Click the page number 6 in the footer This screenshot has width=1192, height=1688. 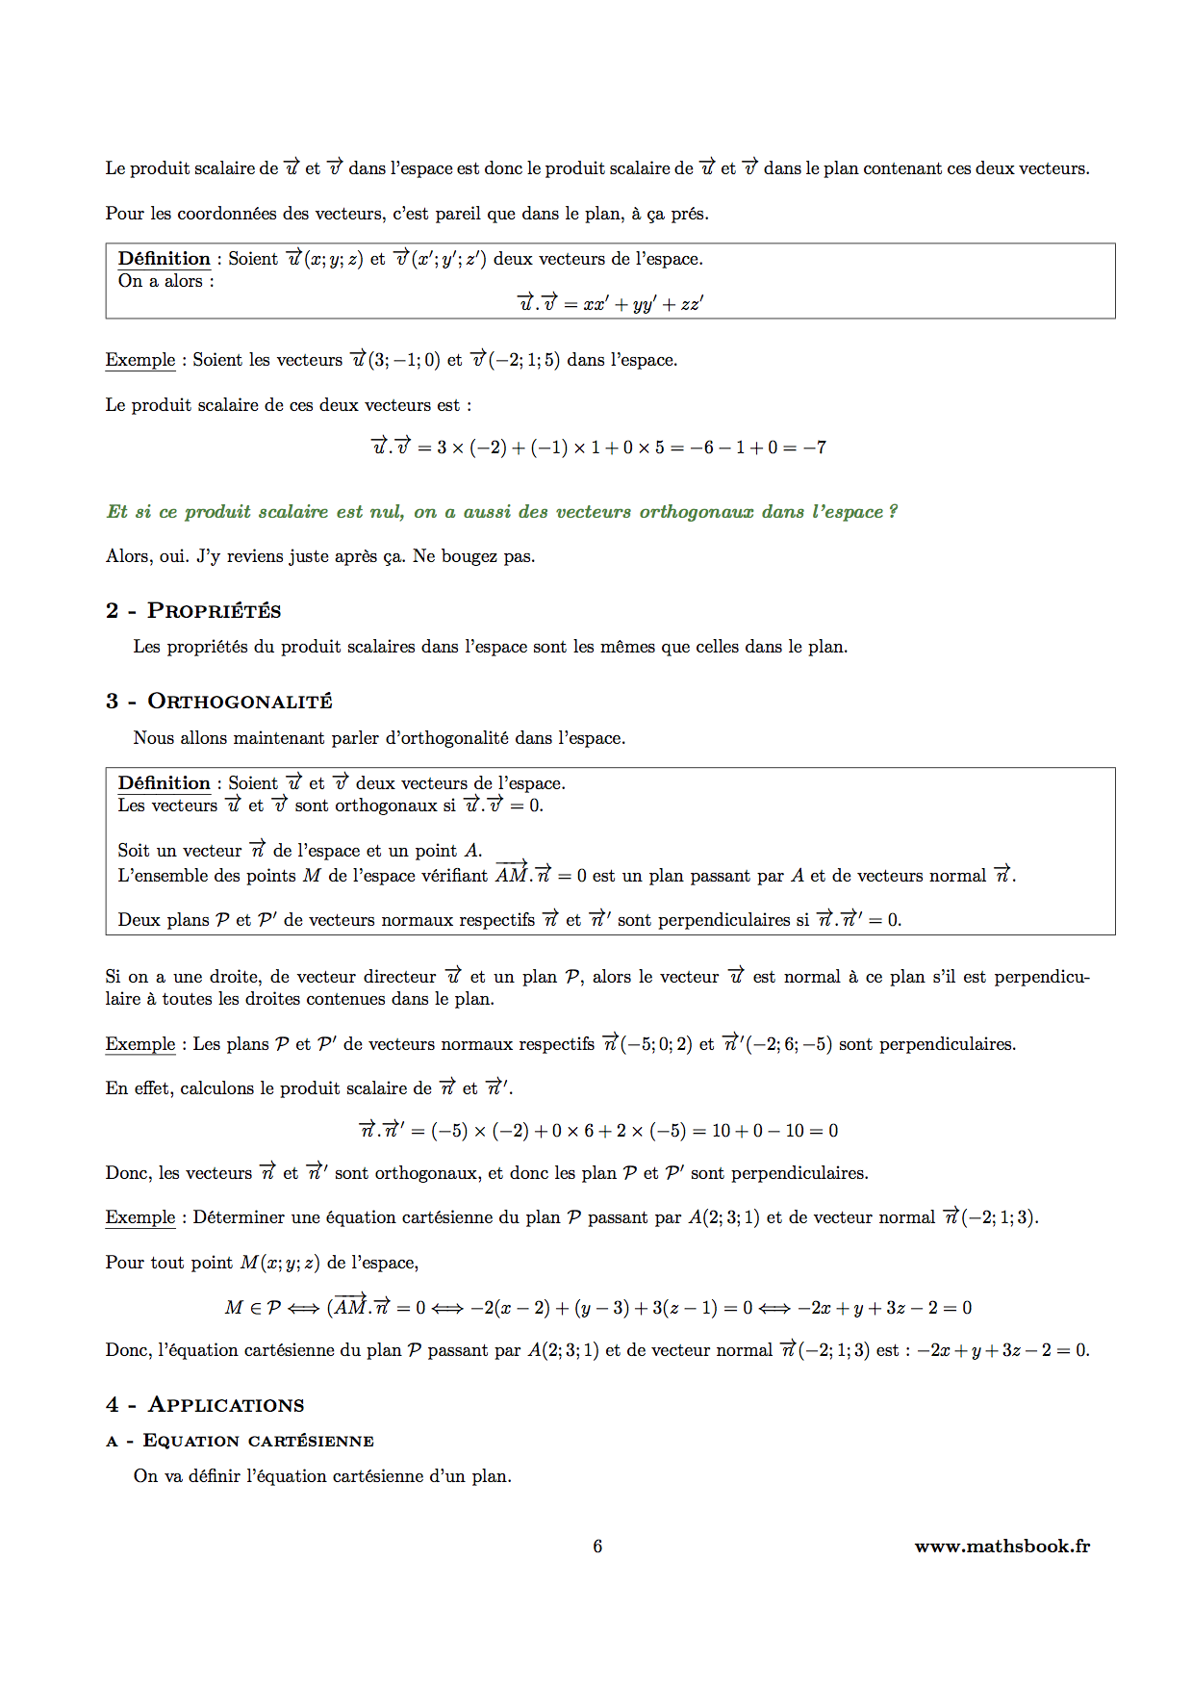pos(597,1547)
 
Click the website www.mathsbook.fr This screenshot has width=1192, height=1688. pos(1002,1547)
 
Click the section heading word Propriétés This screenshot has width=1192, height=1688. pos(214,611)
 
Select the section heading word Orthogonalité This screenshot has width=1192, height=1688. pos(240,702)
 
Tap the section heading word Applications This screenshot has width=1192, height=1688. pos(226,1405)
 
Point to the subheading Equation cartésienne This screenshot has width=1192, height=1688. pos(258,1441)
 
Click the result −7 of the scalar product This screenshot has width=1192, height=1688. pos(815,448)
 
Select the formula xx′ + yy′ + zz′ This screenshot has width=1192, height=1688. pos(643,304)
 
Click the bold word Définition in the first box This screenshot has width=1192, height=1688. pos(164,259)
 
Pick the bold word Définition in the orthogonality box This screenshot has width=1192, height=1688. pos(164,783)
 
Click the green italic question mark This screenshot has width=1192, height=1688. pos(893,512)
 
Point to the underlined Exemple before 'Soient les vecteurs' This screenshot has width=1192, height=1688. pos(140,360)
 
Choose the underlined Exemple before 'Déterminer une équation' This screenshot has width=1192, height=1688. pos(140,1217)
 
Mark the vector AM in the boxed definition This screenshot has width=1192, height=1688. pos(512,875)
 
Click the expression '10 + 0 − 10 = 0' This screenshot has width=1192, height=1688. pos(774,1131)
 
